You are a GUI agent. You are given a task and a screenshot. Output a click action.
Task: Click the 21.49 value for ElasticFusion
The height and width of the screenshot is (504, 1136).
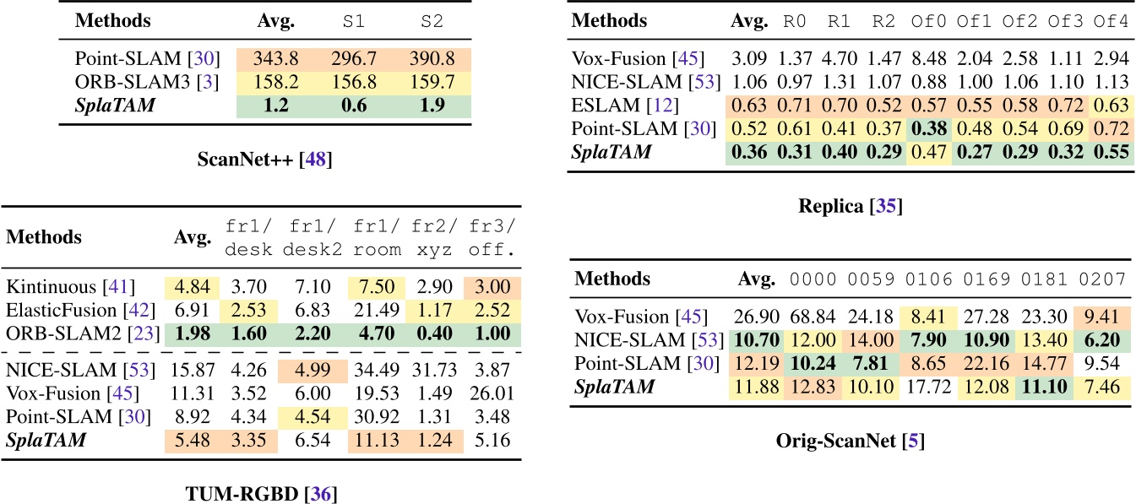[x=372, y=312]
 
